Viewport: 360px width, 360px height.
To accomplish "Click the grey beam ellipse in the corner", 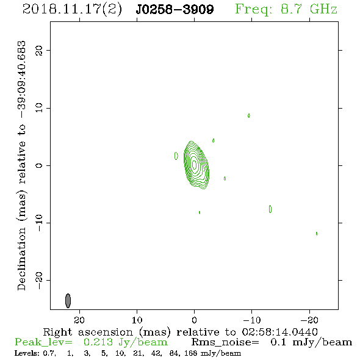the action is [68, 301].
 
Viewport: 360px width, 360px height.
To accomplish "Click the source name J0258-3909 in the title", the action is [175, 9].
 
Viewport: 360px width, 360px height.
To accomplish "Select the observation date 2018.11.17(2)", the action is [72, 10].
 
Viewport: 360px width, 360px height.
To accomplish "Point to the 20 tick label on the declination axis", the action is [39, 51].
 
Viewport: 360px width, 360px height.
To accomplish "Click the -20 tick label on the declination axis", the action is [39, 281].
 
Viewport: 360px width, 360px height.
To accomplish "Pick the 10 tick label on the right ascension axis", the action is [137, 320].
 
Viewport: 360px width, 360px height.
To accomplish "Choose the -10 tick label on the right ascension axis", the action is [252, 320].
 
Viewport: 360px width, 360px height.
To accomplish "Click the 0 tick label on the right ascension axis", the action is [194, 320].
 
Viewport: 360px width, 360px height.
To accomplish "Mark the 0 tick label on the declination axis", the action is [39, 165].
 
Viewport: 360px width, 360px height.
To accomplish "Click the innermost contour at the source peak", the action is [194, 164].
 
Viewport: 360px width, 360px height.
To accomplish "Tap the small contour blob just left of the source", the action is [176, 156].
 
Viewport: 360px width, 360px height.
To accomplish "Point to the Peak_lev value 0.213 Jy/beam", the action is [125, 342].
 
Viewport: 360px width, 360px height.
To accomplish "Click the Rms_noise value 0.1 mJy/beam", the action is [311, 342].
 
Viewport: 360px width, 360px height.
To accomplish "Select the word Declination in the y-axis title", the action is [21, 259].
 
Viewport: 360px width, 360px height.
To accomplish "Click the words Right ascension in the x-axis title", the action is [88, 332].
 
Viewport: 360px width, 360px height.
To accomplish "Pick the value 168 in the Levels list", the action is [191, 353].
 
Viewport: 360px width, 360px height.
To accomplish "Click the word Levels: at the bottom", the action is [27, 353].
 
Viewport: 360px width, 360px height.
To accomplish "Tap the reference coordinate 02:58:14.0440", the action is [280, 332].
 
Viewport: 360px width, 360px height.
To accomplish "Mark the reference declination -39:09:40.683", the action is [21, 80].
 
